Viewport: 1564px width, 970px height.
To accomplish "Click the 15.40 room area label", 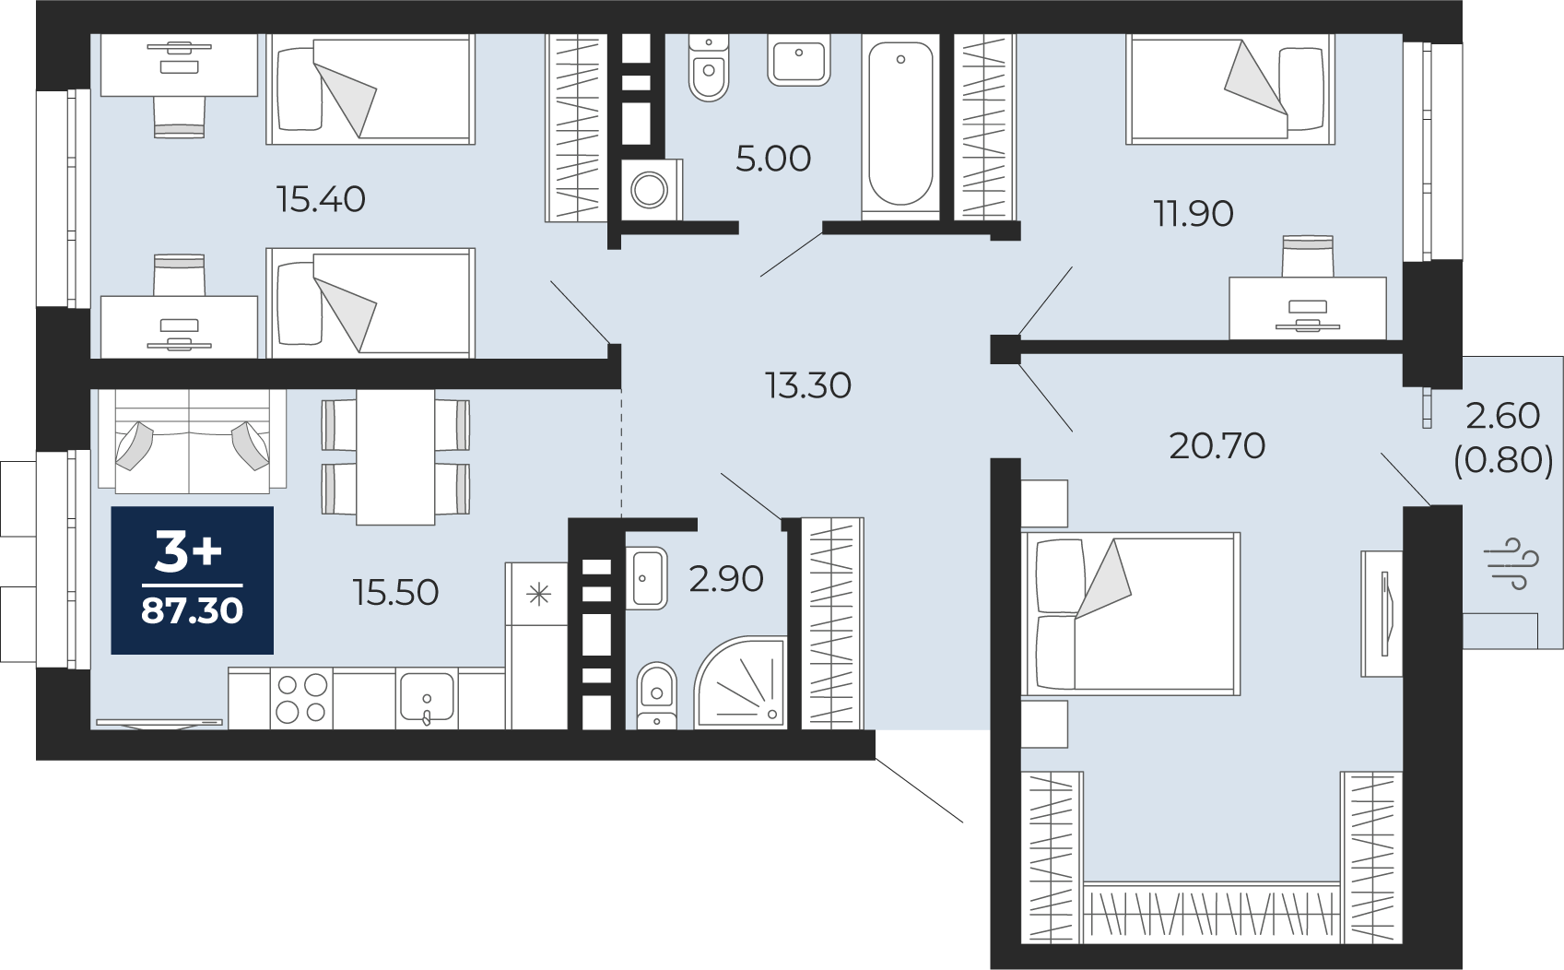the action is (x=321, y=200).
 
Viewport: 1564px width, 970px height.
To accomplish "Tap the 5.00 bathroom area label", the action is (x=773, y=160).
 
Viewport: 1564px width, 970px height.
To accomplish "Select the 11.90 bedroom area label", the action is (x=1194, y=214).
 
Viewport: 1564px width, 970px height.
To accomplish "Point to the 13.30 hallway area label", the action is (x=808, y=385).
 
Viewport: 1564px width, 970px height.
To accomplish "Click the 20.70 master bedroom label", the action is (x=1217, y=446).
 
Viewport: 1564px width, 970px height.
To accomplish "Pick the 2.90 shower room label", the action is (x=726, y=579).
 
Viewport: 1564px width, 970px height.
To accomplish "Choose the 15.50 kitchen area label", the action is (x=395, y=593).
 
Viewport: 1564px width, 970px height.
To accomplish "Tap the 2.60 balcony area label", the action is (x=1502, y=416).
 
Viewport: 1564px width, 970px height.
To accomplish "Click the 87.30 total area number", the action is (x=192, y=611).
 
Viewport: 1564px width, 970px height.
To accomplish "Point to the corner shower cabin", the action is (x=740, y=681).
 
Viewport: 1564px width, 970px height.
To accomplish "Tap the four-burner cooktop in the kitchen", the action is (x=301, y=698).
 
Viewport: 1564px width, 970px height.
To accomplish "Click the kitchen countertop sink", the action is (x=427, y=698).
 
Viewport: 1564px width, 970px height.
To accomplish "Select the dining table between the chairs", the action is (x=395, y=456).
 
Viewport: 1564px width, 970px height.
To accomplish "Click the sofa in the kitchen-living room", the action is (x=192, y=440).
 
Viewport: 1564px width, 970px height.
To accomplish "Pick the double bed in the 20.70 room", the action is (x=1130, y=614).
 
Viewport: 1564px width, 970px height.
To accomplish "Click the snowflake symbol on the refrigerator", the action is (x=538, y=595).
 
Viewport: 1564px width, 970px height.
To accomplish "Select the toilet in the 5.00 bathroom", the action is (x=709, y=67).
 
